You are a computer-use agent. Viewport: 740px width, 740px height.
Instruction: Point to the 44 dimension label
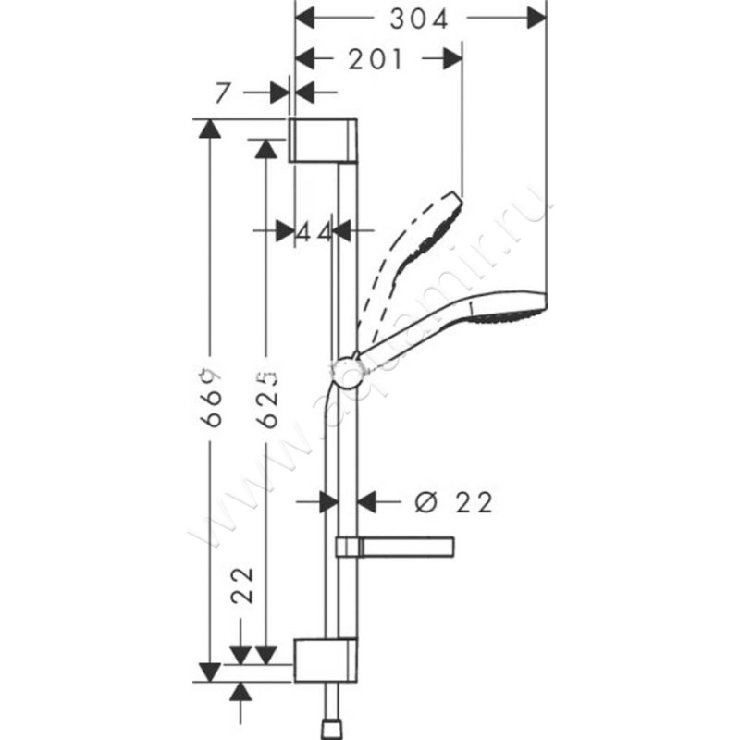click(x=314, y=231)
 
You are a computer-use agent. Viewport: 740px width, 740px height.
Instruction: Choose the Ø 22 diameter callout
click(x=454, y=502)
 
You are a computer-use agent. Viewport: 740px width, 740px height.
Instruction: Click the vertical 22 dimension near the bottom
click(x=241, y=586)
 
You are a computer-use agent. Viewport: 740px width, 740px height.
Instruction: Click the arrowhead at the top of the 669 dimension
click(x=213, y=129)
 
